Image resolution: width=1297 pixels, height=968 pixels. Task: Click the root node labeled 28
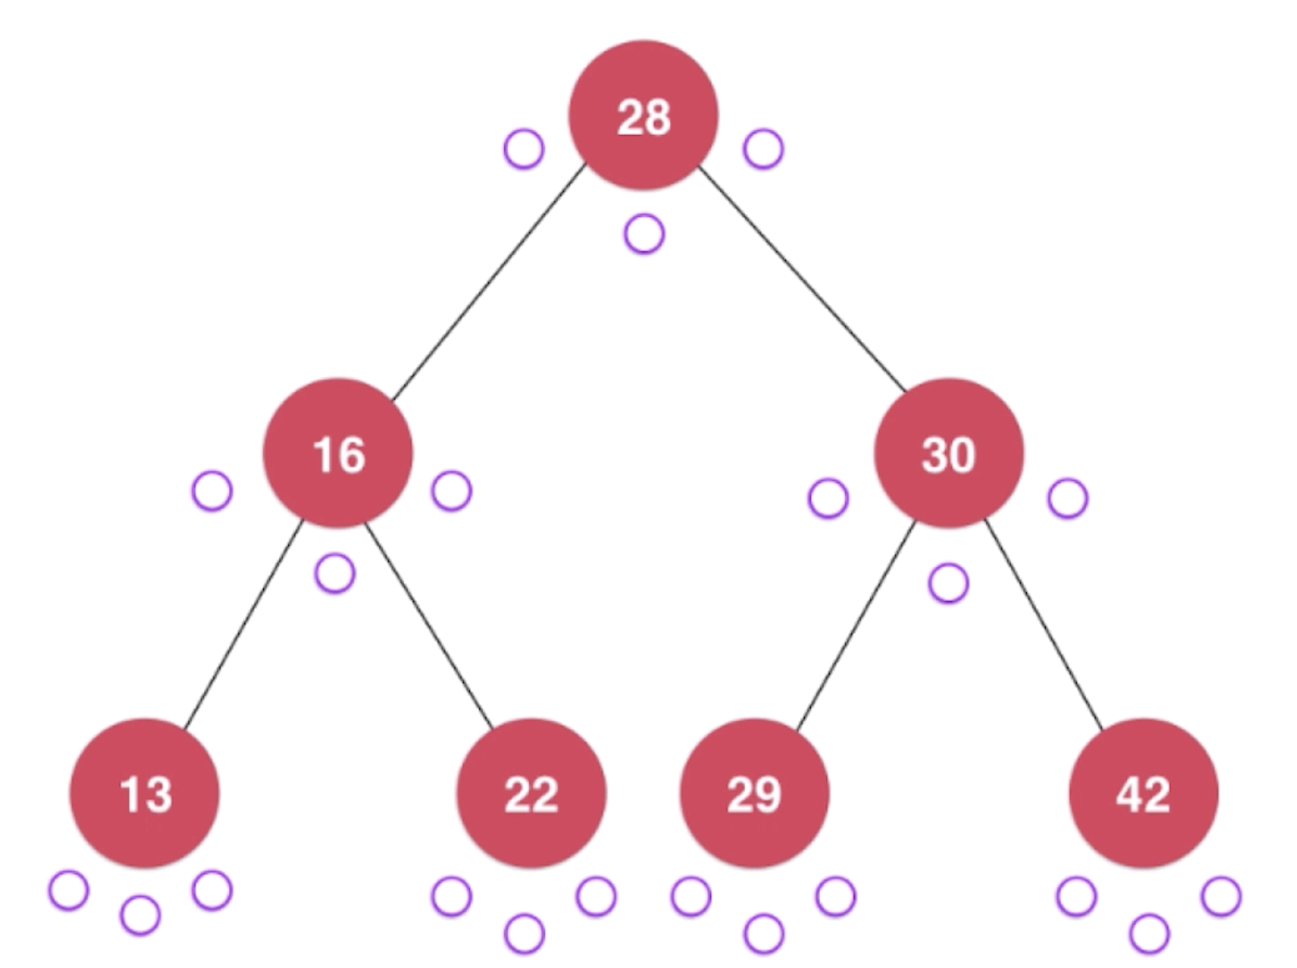tap(643, 115)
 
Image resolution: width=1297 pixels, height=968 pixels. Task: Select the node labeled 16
tap(338, 453)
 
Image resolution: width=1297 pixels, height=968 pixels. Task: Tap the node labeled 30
tap(948, 453)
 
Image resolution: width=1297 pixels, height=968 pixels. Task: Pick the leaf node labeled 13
tap(144, 794)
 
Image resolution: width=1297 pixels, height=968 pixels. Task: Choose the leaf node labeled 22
tap(531, 794)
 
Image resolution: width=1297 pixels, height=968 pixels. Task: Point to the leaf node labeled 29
tap(754, 794)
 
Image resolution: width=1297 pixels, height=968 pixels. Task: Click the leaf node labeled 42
tap(1143, 794)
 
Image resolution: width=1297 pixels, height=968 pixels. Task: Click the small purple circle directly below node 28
tap(644, 233)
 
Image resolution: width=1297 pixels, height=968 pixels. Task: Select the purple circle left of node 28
tap(524, 149)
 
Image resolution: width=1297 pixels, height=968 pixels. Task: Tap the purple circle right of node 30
tap(1067, 498)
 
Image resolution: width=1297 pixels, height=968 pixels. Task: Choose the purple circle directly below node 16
tap(335, 573)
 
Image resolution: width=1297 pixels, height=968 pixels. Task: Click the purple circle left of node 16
tap(212, 491)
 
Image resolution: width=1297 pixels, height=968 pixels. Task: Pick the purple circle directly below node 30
tap(948, 583)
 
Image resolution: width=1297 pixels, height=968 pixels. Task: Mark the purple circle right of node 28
tap(763, 149)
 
